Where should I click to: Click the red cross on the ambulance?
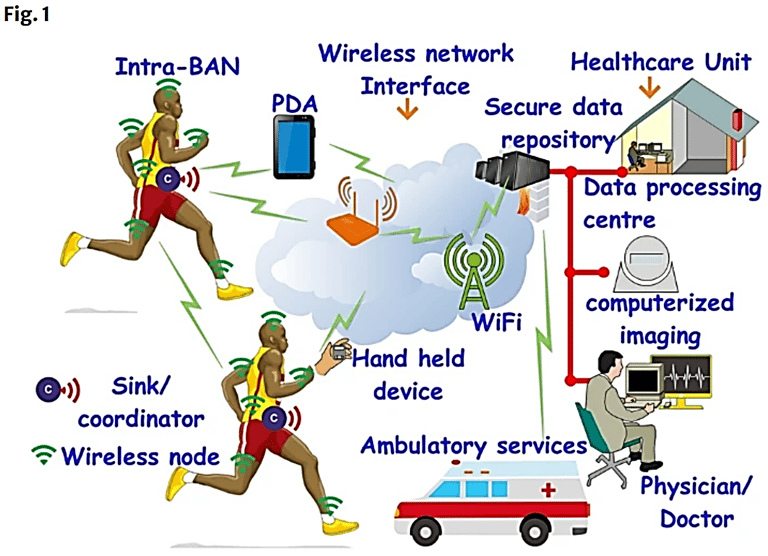(x=547, y=494)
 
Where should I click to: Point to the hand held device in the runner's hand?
(x=338, y=355)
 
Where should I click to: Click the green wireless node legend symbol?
(x=43, y=455)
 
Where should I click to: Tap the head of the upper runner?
(x=167, y=101)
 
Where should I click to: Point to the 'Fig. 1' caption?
(x=23, y=16)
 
